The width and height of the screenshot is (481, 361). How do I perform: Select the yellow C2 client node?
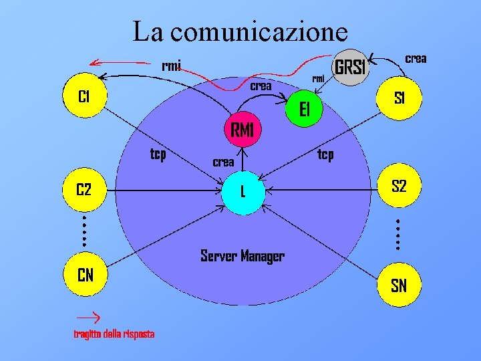pos(84,190)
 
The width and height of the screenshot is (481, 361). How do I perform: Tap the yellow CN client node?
pos(85,275)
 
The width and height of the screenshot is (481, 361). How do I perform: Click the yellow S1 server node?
pos(399,99)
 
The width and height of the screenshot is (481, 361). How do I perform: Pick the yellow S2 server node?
pos(399,187)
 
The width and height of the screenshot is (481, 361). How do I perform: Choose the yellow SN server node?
pos(399,287)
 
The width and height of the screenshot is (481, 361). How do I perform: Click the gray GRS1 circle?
pos(351,68)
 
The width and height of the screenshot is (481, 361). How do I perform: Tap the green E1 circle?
pos(305,110)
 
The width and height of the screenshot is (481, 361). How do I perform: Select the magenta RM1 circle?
pos(242,130)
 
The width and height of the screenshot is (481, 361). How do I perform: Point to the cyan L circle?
pos(243,192)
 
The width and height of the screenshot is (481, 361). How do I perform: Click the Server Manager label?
pos(243,256)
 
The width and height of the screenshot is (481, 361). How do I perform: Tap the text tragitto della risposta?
pos(114,334)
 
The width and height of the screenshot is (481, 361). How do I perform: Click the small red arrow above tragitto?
pos(87,314)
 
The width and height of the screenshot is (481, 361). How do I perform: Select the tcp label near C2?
pos(158,155)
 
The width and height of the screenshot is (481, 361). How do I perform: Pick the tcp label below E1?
pos(325,155)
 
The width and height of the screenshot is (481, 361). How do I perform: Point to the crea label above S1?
pos(416,59)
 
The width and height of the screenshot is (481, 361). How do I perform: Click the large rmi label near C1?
pos(171,66)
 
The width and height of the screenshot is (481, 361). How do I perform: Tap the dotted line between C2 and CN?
pos(85,231)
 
